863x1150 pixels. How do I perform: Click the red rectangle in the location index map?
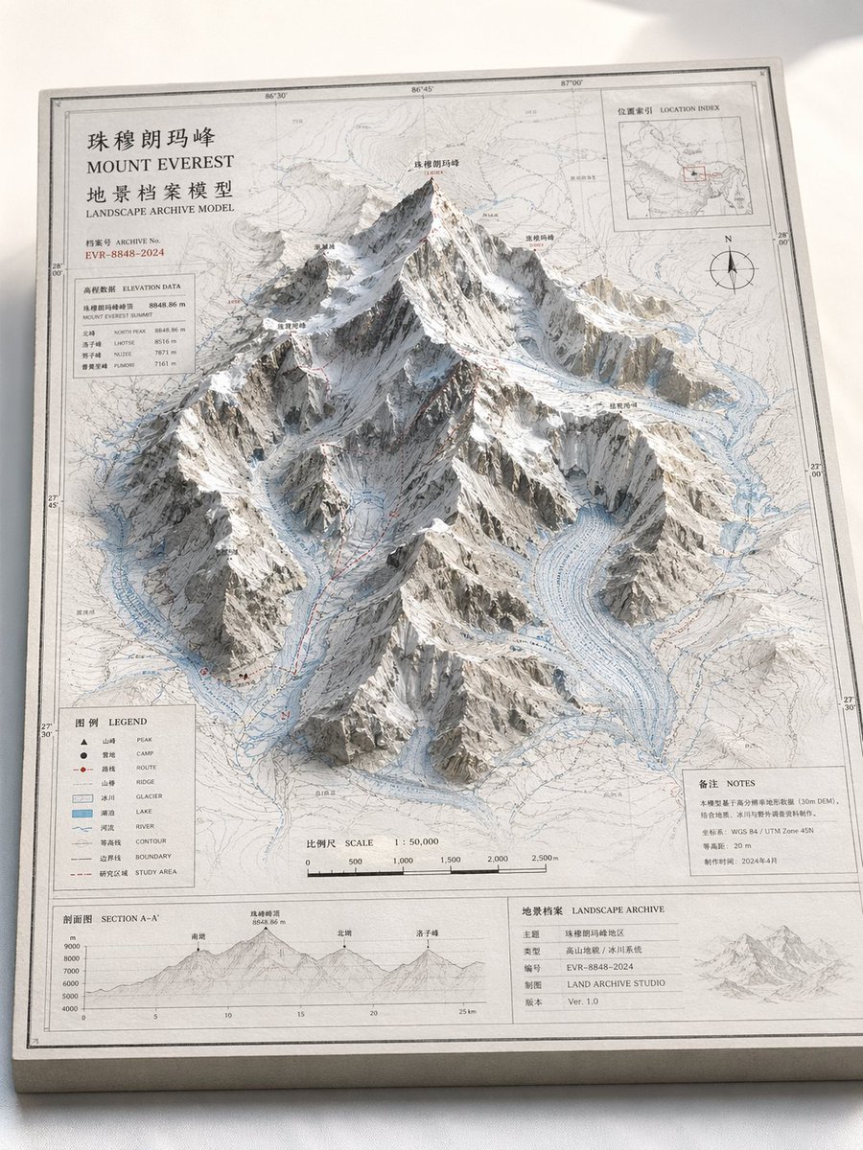click(x=694, y=173)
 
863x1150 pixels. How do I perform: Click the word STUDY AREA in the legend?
click(x=155, y=873)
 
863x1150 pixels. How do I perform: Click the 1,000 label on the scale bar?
click(x=402, y=861)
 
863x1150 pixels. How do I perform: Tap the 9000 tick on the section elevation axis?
click(x=71, y=947)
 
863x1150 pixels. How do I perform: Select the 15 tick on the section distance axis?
click(x=300, y=1014)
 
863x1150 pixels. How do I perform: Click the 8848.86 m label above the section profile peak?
click(x=268, y=923)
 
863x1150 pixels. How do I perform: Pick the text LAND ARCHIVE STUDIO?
click(x=615, y=983)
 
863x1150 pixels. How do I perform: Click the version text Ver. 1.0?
click(x=584, y=1001)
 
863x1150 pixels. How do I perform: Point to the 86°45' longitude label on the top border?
click(x=421, y=89)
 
